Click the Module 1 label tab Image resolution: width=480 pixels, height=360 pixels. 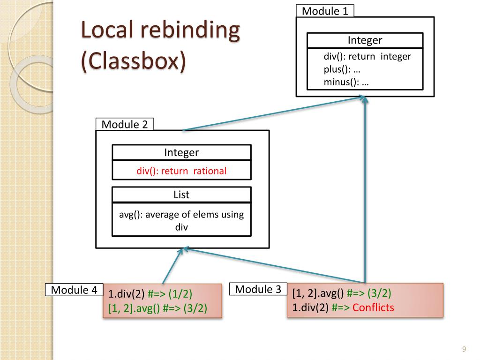click(325, 11)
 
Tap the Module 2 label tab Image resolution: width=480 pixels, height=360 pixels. click(125, 124)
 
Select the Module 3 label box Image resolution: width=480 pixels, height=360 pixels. click(258, 289)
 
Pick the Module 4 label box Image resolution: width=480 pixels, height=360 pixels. click(74, 290)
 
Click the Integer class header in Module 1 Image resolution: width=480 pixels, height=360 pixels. click(365, 40)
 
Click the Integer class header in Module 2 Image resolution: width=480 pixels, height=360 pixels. click(181, 152)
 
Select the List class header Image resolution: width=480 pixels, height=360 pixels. click(181, 195)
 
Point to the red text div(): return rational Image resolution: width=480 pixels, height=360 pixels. click(181, 171)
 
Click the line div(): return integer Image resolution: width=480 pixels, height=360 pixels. click(367, 56)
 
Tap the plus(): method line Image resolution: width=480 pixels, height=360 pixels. click(342, 69)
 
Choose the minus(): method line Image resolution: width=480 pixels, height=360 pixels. click(346, 82)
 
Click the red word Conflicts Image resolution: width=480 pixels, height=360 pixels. click(373, 307)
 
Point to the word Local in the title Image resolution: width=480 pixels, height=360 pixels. click(107, 30)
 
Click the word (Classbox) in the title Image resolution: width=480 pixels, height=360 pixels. click(134, 60)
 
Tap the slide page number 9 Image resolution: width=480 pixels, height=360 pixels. click(464, 349)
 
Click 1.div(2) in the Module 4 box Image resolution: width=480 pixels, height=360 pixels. click(126, 294)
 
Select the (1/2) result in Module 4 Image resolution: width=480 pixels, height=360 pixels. click(180, 294)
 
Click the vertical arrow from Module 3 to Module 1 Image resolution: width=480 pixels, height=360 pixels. click(365, 189)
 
